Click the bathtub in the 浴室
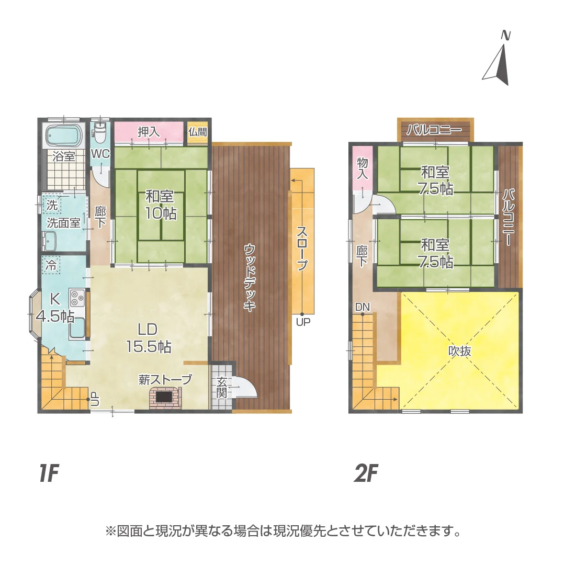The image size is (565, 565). pos(64,136)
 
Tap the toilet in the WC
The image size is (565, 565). pos(99,132)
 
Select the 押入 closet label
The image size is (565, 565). pos(149,132)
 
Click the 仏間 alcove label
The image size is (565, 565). pos(197,132)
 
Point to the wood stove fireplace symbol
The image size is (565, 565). pos(165,398)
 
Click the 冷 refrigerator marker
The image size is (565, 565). pos(51,265)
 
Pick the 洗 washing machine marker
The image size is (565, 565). pos(52,205)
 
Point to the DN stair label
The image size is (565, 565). pos(363,307)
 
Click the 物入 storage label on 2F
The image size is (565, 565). pos(362,168)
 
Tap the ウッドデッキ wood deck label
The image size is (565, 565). pos(250,277)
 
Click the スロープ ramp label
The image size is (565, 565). pos(302,248)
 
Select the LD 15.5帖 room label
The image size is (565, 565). pos(149,337)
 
